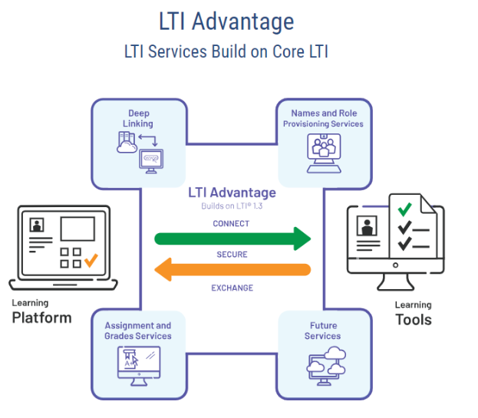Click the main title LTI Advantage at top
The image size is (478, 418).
pyautogui.click(x=226, y=21)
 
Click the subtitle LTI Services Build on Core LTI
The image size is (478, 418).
pyautogui.click(x=226, y=52)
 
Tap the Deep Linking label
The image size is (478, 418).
pyautogui.click(x=138, y=118)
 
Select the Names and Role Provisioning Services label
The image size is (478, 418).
pyautogui.click(x=323, y=118)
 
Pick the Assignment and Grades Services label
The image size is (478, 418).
pyautogui.click(x=138, y=331)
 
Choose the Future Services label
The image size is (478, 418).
pyautogui.click(x=322, y=331)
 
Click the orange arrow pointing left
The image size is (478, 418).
pyautogui.click(x=233, y=269)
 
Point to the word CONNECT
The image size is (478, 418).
pyautogui.click(x=231, y=224)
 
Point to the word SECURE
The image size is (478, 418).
pyautogui.click(x=231, y=254)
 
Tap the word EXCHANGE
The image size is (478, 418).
pyautogui.click(x=232, y=288)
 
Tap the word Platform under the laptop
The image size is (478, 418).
pyautogui.click(x=41, y=318)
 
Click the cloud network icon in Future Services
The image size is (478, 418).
pyautogui.click(x=323, y=364)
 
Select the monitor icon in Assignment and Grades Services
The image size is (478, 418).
pyautogui.click(x=138, y=364)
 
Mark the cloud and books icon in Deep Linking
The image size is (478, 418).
pyautogui.click(x=127, y=143)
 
